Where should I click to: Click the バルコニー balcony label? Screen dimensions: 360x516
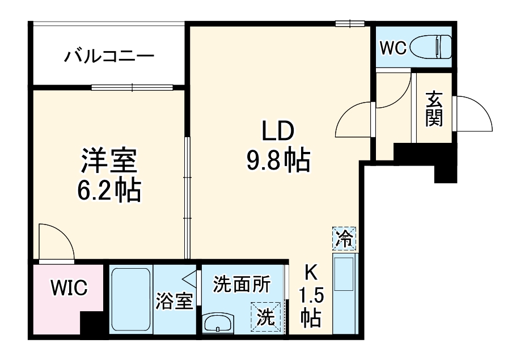click(x=109, y=56)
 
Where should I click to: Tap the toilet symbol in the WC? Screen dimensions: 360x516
click(x=436, y=48)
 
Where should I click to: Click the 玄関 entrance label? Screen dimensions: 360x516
click(x=434, y=109)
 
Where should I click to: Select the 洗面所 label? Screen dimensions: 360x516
click(x=242, y=283)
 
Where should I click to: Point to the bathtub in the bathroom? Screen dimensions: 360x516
click(x=131, y=300)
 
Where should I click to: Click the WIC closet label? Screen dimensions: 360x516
click(x=69, y=289)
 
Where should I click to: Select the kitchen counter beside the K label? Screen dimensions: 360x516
click(x=344, y=295)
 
